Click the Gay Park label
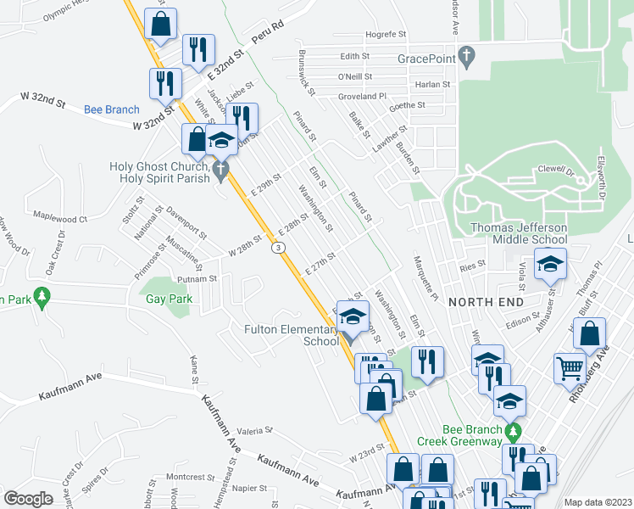click(x=169, y=299)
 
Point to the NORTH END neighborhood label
click(x=487, y=302)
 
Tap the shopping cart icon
click(x=570, y=369)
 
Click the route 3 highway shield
click(x=277, y=248)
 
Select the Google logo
click(x=29, y=499)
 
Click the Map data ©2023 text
click(x=598, y=502)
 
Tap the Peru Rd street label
click(x=266, y=42)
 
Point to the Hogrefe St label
click(x=386, y=35)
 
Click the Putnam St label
click(x=197, y=278)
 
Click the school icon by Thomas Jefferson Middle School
click(x=551, y=266)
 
